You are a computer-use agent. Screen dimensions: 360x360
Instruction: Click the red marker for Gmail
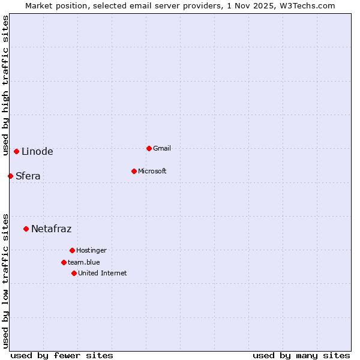pyautogui.click(x=149, y=148)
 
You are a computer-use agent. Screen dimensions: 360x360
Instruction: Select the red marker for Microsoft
pyautogui.click(x=134, y=171)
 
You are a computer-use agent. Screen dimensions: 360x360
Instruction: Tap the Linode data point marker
pyautogui.click(x=16, y=151)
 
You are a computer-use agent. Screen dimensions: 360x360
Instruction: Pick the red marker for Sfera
pyautogui.click(x=10, y=176)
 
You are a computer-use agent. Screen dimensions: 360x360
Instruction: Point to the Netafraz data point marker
pyautogui.click(x=26, y=229)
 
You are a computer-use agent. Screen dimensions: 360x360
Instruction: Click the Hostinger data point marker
pyautogui.click(x=72, y=250)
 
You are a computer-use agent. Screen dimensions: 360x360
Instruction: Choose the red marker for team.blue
pyautogui.click(x=64, y=262)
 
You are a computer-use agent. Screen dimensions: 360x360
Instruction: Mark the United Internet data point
pyautogui.click(x=74, y=273)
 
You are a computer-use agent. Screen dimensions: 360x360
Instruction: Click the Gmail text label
pyautogui.click(x=162, y=148)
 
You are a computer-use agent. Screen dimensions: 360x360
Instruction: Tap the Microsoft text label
pyautogui.click(x=152, y=171)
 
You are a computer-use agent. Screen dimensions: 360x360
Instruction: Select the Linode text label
pyautogui.click(x=37, y=151)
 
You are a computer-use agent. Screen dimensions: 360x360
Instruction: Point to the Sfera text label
pyautogui.click(x=28, y=176)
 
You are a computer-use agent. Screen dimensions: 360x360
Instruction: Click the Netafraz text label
pyautogui.click(x=52, y=229)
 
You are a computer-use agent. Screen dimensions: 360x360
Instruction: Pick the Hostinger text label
pyautogui.click(x=91, y=250)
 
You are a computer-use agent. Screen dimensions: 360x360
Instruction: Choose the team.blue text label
pyautogui.click(x=84, y=262)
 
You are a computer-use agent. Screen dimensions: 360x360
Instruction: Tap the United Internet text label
pyautogui.click(x=103, y=273)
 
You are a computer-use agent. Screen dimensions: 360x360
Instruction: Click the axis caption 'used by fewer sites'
pyautogui.click(x=62, y=355)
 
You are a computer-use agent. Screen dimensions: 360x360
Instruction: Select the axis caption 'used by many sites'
pyautogui.click(x=301, y=355)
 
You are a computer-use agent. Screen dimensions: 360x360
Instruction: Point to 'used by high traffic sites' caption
pyautogui.click(x=5, y=85)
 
